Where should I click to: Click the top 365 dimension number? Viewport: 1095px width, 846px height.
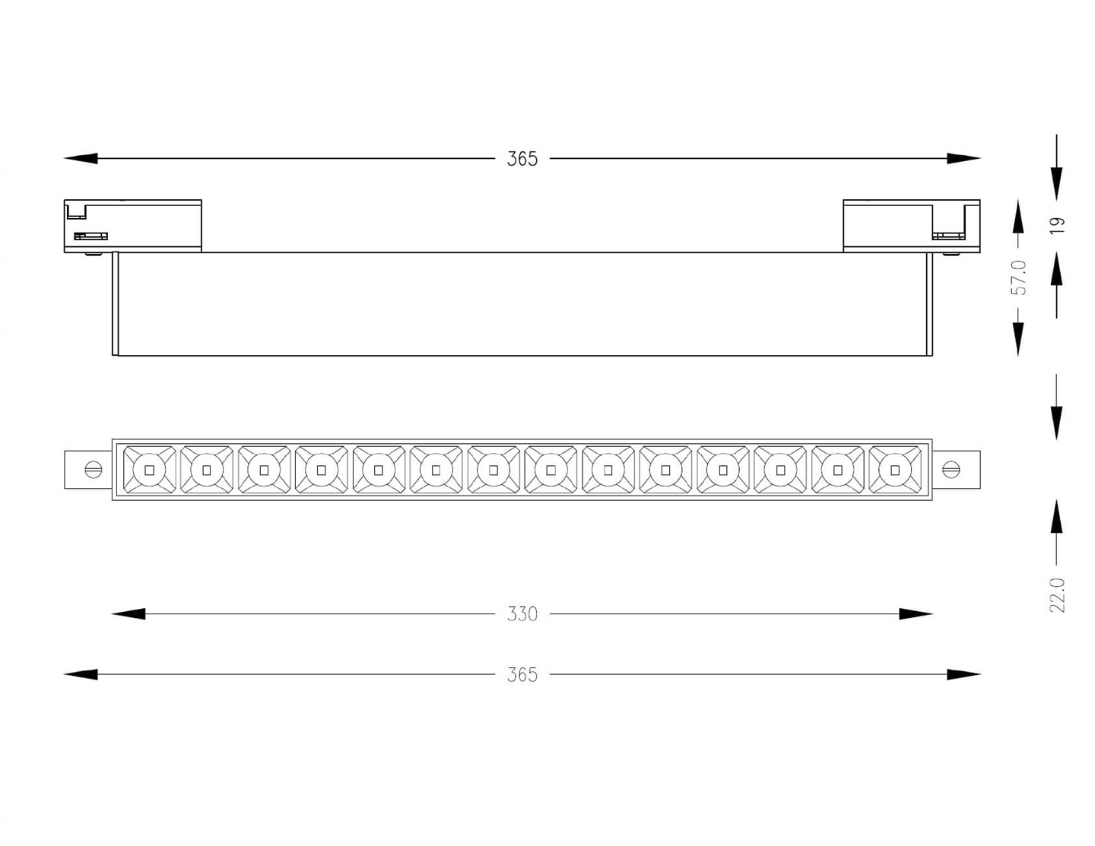[x=522, y=159]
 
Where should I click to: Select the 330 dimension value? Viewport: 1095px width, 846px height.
[x=522, y=614]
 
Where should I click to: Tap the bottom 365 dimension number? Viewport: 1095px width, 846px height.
[x=522, y=675]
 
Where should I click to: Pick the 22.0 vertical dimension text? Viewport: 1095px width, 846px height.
[x=1057, y=595]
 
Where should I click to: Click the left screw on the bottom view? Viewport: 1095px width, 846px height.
[x=94, y=470]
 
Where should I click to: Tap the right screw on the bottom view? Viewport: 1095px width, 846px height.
[x=951, y=470]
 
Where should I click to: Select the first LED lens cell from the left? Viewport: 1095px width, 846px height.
[x=149, y=470]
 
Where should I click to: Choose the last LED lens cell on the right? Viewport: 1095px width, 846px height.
[x=895, y=470]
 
